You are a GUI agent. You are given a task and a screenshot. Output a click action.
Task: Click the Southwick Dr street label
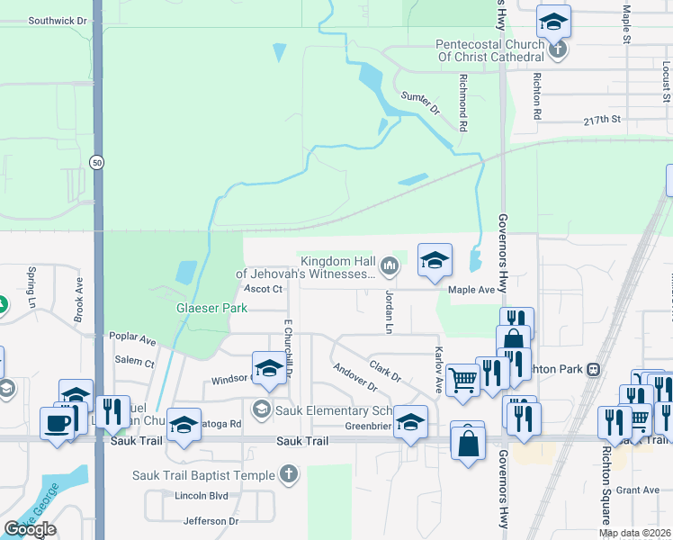point(58,20)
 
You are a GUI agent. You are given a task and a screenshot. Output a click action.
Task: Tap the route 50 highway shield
point(96,161)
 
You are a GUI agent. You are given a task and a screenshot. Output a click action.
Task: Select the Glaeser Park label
point(211,308)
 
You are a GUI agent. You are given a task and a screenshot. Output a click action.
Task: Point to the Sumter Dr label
point(419,103)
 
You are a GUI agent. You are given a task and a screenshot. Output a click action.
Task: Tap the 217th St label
point(602,119)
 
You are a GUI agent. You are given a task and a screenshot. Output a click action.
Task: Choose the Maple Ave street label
point(472,290)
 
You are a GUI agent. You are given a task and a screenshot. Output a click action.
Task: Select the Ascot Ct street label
point(264,289)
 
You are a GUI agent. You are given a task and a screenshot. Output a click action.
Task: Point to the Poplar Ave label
point(132,339)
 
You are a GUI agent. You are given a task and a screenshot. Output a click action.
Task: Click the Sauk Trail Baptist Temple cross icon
point(288,474)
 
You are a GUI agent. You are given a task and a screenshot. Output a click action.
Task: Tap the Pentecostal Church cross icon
point(558,48)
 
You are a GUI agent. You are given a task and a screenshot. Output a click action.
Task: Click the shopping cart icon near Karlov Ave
point(462,378)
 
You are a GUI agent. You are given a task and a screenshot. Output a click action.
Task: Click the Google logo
point(30,529)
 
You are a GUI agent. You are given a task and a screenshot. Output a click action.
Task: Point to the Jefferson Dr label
point(211,521)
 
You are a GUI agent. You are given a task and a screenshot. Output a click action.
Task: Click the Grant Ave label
point(644,490)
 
